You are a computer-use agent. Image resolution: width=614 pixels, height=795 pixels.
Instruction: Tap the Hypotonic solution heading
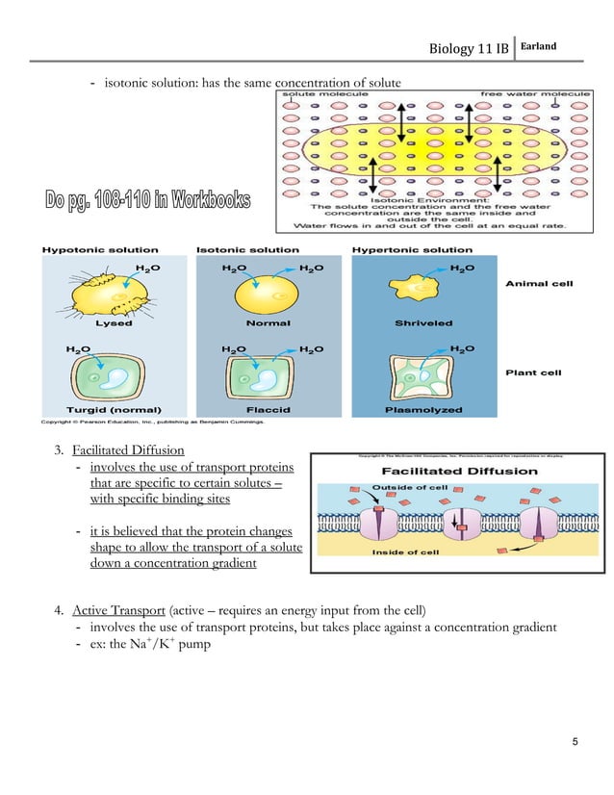pyautogui.click(x=89, y=250)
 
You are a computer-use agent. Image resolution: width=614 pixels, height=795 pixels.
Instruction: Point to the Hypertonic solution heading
pyautogui.click(x=398, y=250)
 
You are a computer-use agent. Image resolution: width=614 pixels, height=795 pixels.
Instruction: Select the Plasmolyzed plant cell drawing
pyautogui.click(x=423, y=377)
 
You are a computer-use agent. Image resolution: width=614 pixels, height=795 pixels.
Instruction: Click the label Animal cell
pyautogui.click(x=540, y=284)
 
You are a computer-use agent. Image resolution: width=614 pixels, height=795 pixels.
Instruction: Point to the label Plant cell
pyautogui.click(x=535, y=372)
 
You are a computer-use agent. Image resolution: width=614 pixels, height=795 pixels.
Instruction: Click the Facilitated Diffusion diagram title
pyautogui.click(x=448, y=473)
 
